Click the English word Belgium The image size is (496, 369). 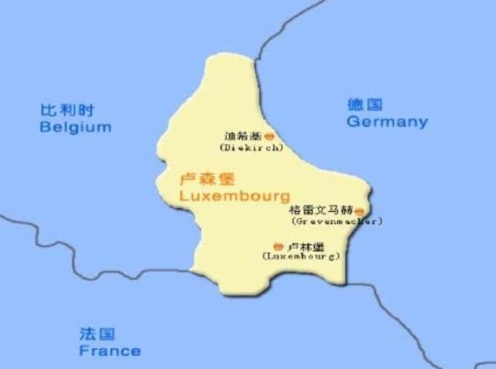(x=75, y=127)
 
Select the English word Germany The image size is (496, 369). (x=386, y=121)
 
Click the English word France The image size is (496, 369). (x=110, y=350)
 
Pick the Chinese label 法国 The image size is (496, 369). (x=97, y=334)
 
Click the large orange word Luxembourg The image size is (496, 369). (x=234, y=196)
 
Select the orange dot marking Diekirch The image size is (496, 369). (x=269, y=136)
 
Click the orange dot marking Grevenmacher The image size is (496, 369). (x=359, y=210)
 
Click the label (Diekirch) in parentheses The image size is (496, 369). (x=251, y=147)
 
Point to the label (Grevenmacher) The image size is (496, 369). (x=337, y=220)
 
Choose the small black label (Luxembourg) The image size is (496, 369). (x=302, y=255)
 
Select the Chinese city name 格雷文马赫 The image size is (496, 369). (x=320, y=210)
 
